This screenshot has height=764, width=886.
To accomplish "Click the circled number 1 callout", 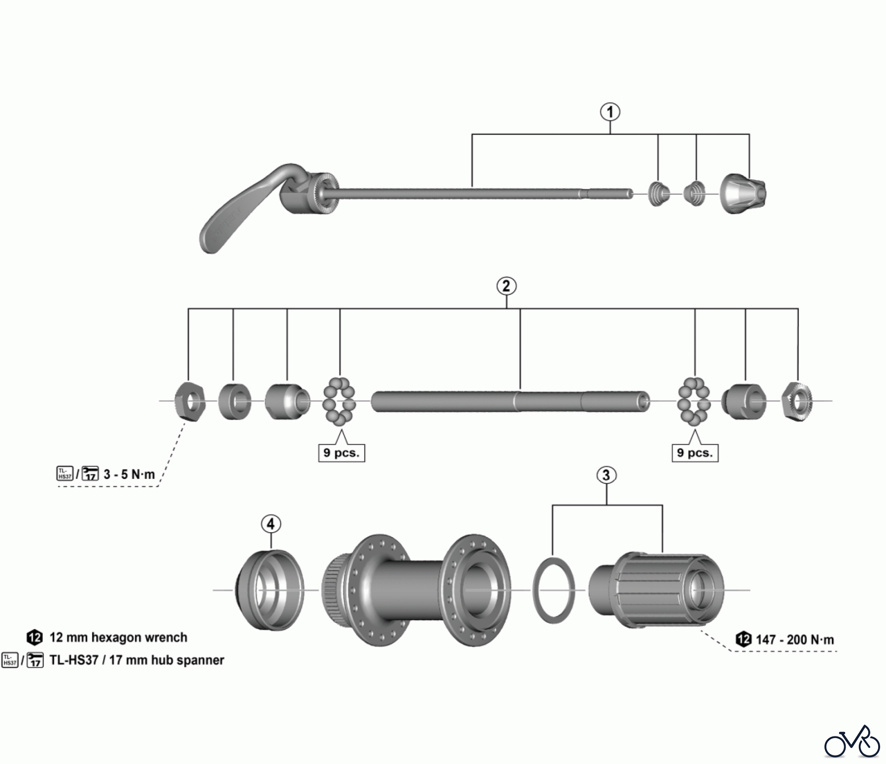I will tap(610, 112).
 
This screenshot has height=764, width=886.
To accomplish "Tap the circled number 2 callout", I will tap(506, 286).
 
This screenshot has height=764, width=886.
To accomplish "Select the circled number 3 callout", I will tap(606, 475).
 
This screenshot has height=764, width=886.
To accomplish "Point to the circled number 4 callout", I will tap(271, 524).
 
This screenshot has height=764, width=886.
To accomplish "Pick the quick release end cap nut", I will tap(743, 193).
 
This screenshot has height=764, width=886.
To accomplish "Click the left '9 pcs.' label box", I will tap(341, 453).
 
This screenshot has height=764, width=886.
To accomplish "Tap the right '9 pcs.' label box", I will tap(695, 453).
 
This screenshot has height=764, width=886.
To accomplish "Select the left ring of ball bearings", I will tap(339, 401).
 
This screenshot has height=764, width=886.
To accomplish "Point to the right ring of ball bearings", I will tap(694, 401).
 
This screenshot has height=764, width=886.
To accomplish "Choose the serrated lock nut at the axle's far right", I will tap(797, 402).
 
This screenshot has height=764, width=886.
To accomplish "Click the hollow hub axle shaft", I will tap(509, 401).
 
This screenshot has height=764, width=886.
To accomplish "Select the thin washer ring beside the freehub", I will tap(554, 589).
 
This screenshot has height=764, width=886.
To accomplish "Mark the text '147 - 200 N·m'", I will tap(794, 640).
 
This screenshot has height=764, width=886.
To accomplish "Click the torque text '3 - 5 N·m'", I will tap(129, 475).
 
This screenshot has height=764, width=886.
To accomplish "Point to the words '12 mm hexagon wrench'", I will tap(118, 637).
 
